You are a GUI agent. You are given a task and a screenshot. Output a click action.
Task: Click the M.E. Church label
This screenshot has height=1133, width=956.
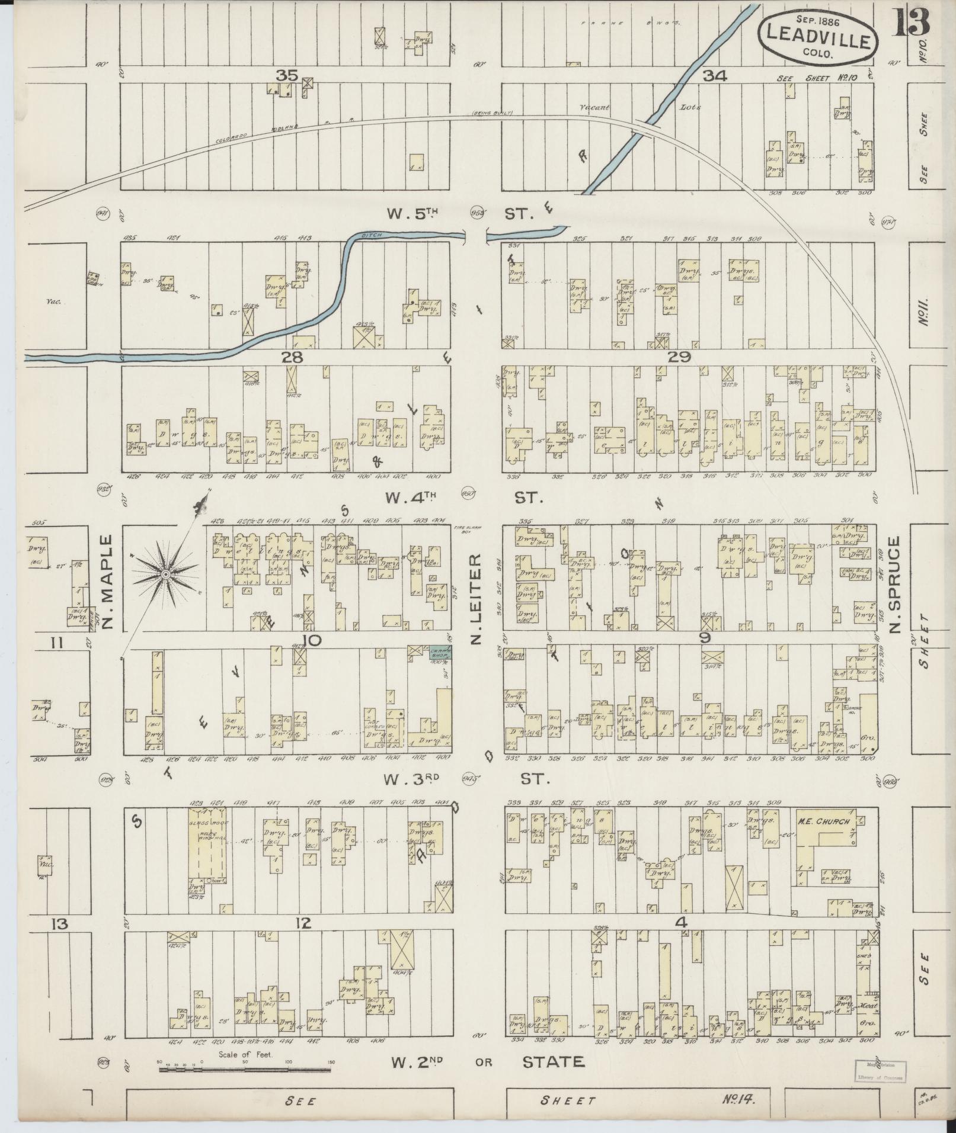coord(824,821)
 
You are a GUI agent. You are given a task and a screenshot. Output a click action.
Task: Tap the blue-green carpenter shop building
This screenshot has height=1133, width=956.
coord(440,652)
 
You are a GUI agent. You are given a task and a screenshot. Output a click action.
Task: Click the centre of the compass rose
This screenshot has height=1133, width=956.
coord(166,574)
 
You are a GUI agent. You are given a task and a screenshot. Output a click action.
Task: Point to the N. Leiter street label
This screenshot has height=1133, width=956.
coord(475,599)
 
